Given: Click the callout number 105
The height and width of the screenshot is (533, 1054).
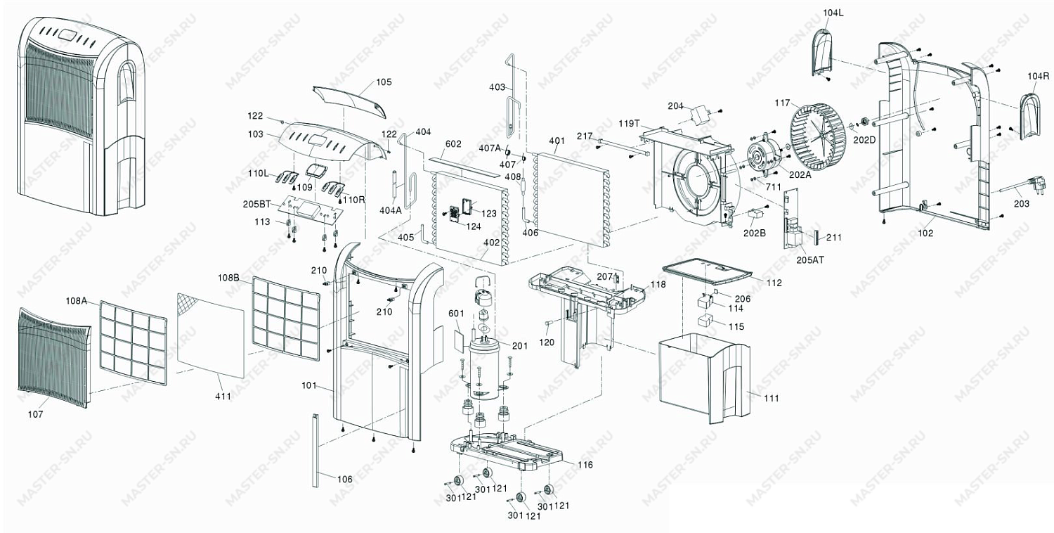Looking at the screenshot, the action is (384, 82).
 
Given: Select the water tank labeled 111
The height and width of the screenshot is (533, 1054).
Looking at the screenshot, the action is (704, 378).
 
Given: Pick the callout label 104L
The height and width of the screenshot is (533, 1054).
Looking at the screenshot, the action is (833, 13).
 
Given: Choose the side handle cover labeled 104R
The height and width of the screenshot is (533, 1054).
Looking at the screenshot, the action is (1031, 115).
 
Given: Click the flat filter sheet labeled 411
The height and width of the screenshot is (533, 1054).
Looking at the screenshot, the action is (210, 335).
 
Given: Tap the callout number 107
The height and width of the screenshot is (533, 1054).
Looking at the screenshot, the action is (35, 414).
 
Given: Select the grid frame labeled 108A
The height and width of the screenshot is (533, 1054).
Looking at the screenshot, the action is (134, 343).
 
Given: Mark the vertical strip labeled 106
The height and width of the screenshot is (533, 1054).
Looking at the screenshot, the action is (314, 451).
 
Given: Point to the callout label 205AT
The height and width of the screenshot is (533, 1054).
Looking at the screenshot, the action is (810, 259).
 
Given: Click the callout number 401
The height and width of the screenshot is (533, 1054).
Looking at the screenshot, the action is (557, 141).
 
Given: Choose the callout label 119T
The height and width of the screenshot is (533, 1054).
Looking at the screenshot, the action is (630, 124).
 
